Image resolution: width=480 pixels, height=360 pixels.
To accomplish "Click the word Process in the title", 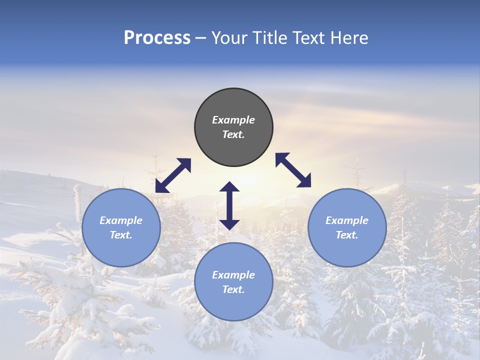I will tap(157, 37).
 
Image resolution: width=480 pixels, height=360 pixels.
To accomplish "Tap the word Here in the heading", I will tap(348, 37).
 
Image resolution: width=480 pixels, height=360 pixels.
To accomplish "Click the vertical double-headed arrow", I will tap(229, 205).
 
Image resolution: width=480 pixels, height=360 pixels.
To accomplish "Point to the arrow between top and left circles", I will tap(173, 175).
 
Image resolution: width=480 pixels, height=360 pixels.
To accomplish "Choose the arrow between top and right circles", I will tap(293, 170).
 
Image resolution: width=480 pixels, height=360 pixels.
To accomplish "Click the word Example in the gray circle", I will tap(233, 120).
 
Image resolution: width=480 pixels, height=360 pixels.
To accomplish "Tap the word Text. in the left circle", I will tap(121, 235).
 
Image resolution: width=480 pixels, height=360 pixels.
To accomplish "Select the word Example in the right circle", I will tap(347, 220).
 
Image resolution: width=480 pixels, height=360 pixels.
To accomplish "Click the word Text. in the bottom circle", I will tap(233, 289).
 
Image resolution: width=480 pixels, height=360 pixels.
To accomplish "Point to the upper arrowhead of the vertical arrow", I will tap(229, 187).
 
